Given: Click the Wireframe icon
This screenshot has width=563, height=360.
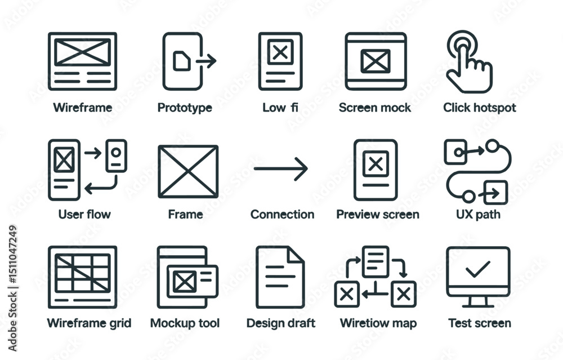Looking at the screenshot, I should [82, 61].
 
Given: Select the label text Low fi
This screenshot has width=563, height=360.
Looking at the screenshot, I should [280, 108].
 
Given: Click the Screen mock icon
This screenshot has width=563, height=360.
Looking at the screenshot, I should [376, 61].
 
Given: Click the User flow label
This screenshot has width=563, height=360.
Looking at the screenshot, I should [84, 214].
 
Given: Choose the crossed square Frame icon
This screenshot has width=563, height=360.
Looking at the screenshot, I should [187, 171].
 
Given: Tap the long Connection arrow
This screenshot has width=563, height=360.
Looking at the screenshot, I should [281, 168].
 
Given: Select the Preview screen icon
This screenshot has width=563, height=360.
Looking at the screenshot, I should [376, 170].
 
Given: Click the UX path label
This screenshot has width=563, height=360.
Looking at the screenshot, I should [478, 214].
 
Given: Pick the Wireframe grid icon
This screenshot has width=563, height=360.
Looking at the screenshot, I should [82, 276].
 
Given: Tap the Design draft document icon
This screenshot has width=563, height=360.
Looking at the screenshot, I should [280, 277].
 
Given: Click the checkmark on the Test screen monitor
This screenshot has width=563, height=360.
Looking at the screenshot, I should [478, 269].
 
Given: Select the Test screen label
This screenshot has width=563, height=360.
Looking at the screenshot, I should [479, 323].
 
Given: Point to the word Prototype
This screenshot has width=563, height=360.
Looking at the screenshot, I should [185, 108].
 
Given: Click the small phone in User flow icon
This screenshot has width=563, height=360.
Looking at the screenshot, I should [117, 155].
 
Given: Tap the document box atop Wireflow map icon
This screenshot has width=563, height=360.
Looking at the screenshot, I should [375, 261].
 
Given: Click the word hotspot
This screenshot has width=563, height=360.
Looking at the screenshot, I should [494, 108].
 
